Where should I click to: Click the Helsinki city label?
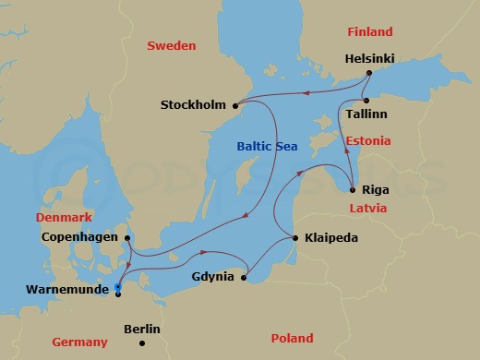pos(369,58)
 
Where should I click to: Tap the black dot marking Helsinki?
pos(368,73)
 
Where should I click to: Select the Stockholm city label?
pos(193,104)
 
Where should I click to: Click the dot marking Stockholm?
pos(236,103)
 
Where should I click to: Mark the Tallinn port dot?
pos(366,100)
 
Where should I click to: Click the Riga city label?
pos(376,189)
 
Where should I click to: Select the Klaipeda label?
pos(330,238)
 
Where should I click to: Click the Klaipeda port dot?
pos(295,238)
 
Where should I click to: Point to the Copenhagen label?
pos(80,237)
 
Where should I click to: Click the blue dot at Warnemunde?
pos(117,287)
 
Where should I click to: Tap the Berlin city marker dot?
pos(142,343)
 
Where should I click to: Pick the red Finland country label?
pos(369,31)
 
